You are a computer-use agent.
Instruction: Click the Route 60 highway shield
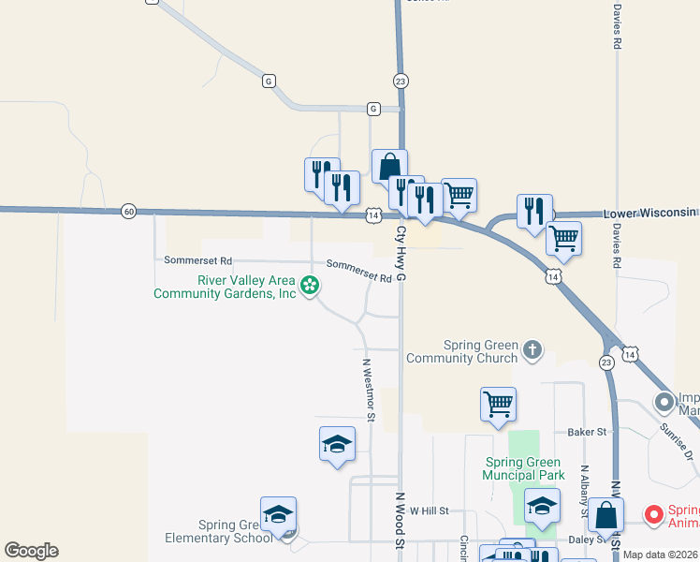pos(128,212)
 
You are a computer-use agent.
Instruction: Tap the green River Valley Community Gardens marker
pos(310,284)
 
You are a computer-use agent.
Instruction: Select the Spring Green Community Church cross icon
pos(532,350)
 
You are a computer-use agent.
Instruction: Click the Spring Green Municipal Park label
pos(524,468)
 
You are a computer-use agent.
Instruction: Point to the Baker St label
pos(588,432)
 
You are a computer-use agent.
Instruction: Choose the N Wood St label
pos(400,521)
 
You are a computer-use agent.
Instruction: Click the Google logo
pos(31,551)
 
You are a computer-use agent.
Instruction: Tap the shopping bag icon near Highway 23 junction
pos(389,166)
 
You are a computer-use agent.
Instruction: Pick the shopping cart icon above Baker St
pos(498,405)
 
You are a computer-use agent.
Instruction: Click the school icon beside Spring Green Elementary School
pos(278,513)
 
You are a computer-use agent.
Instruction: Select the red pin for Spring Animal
pos(654,514)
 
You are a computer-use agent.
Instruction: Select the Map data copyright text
pos(661,555)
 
